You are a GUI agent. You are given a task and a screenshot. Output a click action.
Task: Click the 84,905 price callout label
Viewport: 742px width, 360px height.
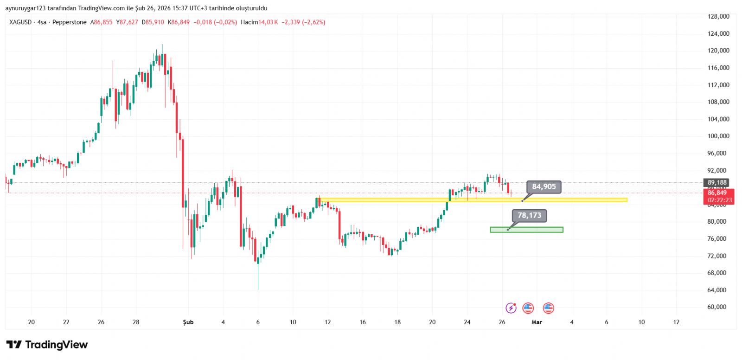pyautogui.click(x=544, y=187)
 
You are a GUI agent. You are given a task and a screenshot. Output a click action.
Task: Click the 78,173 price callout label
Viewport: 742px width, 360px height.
pyautogui.click(x=529, y=216)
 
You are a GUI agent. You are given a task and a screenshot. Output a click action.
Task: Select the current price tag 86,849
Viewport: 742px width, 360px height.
pyautogui.click(x=717, y=193)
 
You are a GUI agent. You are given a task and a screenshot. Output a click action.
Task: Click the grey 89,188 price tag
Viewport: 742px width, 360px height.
pyautogui.click(x=717, y=183)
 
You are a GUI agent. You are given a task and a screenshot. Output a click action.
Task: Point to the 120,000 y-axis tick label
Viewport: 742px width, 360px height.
pyautogui.click(x=718, y=51)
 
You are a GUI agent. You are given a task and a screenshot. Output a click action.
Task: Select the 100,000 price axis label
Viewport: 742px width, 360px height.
pyautogui.click(x=718, y=136)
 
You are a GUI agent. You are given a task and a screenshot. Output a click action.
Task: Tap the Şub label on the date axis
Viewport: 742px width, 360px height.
pyautogui.click(x=188, y=322)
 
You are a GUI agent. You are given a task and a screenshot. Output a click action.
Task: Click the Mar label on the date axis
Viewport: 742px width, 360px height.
pyautogui.click(x=537, y=322)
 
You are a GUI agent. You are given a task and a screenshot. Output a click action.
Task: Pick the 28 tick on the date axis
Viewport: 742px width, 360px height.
pyautogui.click(x=136, y=322)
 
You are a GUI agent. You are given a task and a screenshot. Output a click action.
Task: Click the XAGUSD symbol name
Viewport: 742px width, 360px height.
pyautogui.click(x=20, y=22)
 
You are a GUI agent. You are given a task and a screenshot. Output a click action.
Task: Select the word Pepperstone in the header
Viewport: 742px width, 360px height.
pyautogui.click(x=69, y=22)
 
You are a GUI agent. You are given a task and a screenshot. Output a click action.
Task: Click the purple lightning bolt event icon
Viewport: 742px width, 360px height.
pyautogui.click(x=511, y=308)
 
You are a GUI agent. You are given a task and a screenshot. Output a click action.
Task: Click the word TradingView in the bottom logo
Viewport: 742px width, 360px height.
pyautogui.click(x=56, y=345)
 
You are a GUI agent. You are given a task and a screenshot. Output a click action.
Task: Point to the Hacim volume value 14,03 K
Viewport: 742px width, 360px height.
pyautogui.click(x=268, y=22)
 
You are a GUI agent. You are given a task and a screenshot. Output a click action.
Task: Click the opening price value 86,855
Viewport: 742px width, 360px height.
pyautogui.click(x=103, y=22)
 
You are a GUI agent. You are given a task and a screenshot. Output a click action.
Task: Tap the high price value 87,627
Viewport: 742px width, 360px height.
pyautogui.click(x=129, y=22)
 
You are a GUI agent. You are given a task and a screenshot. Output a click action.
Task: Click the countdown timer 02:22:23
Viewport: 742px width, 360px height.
pyautogui.click(x=719, y=200)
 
